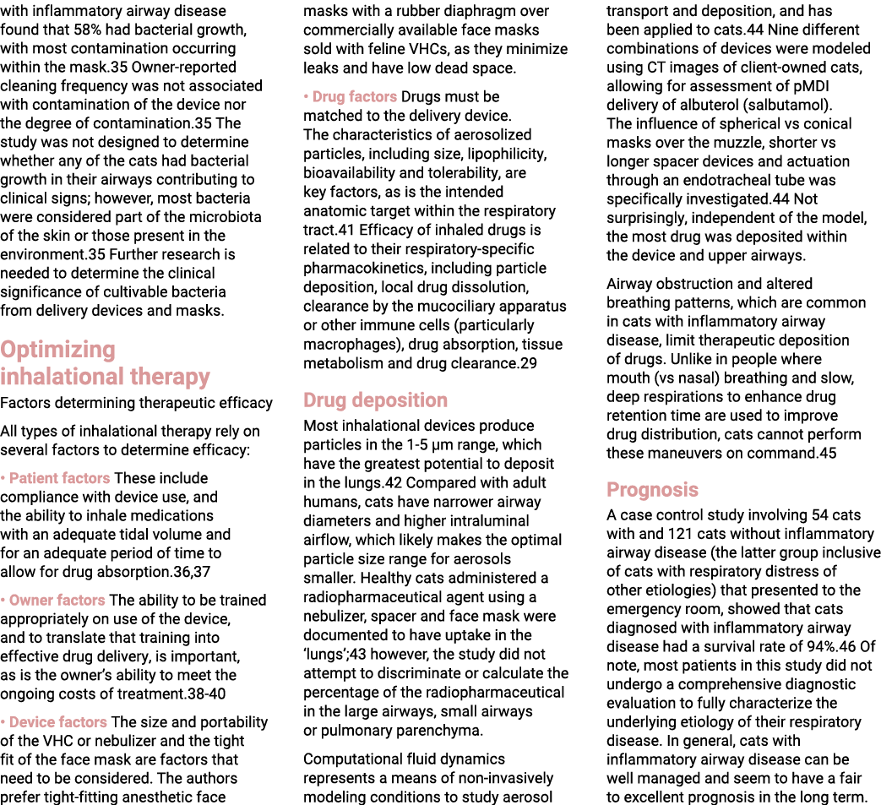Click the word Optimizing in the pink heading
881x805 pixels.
pos(58,350)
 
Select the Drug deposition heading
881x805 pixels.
pos(375,400)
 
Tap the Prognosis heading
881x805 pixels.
pos(652,489)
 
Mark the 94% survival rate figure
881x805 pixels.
pos(821,646)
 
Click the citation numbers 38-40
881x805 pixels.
pos(207,693)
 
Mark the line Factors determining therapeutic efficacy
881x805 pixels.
pos(137,403)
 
